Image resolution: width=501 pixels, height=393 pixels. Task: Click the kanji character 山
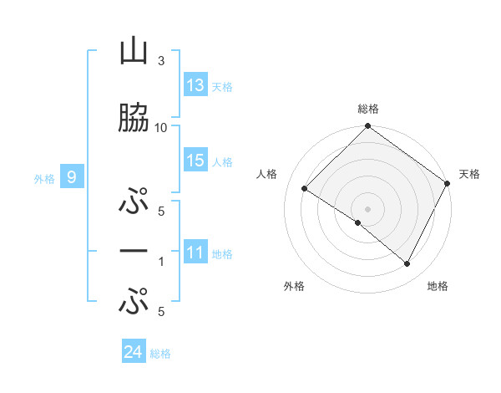click(134, 53)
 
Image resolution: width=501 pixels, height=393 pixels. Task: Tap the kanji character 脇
click(134, 118)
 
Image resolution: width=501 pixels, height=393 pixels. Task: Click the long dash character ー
click(134, 251)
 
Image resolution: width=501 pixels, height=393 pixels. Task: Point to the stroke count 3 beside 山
click(161, 61)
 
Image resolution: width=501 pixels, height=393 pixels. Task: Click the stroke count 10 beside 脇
click(161, 127)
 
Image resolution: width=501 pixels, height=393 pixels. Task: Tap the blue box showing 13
click(195, 85)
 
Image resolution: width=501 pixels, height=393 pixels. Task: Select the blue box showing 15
click(195, 161)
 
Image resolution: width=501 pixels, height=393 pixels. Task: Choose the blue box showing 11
click(195, 253)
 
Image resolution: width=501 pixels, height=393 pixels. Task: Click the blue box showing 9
click(73, 176)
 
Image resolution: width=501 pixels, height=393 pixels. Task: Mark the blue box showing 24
click(134, 352)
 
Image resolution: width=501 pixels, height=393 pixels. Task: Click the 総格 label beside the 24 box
click(160, 354)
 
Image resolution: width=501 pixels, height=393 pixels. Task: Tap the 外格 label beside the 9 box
click(44, 178)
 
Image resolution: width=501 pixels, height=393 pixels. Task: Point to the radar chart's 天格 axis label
click(469, 174)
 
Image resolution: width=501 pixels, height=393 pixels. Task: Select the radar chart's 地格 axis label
click(438, 286)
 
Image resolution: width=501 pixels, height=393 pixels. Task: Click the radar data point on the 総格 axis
click(367, 127)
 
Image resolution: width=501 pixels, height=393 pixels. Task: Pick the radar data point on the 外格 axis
click(358, 222)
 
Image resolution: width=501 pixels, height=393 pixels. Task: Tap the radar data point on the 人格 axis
click(305, 189)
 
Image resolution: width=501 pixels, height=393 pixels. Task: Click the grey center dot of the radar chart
click(367, 208)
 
